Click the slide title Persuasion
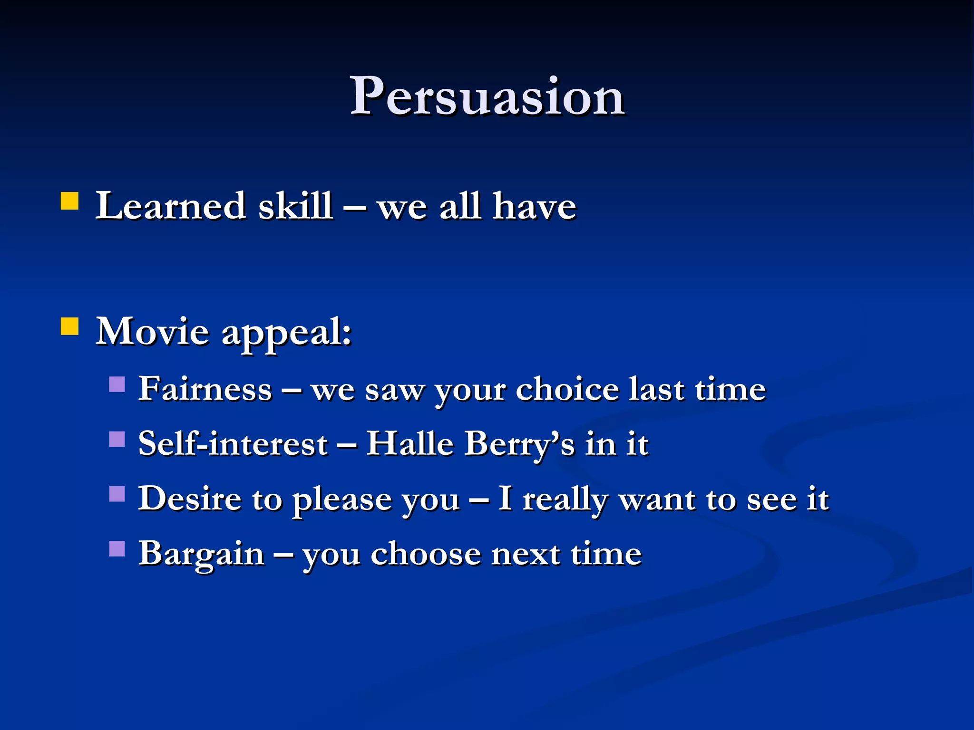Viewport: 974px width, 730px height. (x=487, y=97)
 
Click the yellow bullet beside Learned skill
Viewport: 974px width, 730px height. (x=70, y=201)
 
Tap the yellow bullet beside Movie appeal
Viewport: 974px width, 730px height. (x=70, y=327)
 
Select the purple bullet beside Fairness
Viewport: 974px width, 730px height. (x=117, y=384)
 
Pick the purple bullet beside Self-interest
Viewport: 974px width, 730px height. (x=117, y=439)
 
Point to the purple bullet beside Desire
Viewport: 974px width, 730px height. (x=117, y=494)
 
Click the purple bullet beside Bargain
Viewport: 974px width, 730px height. (x=117, y=549)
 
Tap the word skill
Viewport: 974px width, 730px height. (x=295, y=206)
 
